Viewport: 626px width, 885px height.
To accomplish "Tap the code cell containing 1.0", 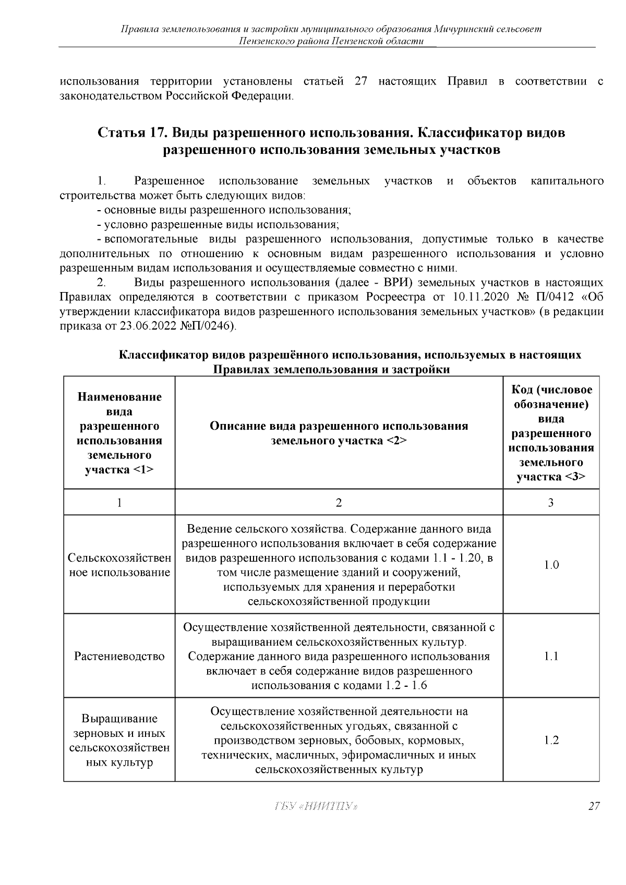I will pyautogui.click(x=551, y=565).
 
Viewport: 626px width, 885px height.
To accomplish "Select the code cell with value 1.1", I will pyautogui.click(x=551, y=656).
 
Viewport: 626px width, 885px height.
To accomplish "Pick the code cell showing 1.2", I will pyautogui.click(x=551, y=740).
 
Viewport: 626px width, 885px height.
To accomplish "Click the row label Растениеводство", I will pyautogui.click(x=119, y=656).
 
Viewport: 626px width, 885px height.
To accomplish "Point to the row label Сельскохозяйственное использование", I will pyautogui.click(x=119, y=565).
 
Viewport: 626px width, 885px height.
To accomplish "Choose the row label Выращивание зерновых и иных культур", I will pyautogui.click(x=119, y=740).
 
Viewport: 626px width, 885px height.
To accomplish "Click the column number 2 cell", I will pyautogui.click(x=339, y=503).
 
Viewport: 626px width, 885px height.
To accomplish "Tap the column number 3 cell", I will pyautogui.click(x=551, y=503).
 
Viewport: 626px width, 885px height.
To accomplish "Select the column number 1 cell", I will pyautogui.click(x=119, y=503).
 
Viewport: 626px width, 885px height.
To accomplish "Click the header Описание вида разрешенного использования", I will pyautogui.click(x=339, y=433).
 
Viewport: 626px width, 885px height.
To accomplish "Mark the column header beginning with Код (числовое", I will pyautogui.click(x=551, y=433).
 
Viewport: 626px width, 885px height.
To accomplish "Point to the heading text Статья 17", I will pyautogui.click(x=130, y=133).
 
